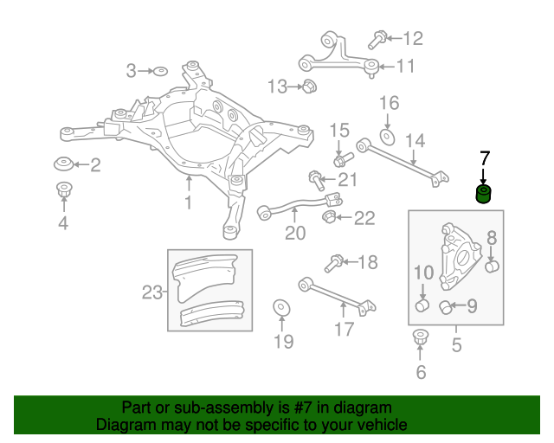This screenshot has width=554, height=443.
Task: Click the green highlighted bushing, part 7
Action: (484, 193)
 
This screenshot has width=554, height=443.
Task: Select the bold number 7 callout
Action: (484, 158)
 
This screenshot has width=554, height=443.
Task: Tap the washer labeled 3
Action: (160, 70)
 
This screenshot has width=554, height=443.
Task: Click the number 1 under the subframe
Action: (188, 203)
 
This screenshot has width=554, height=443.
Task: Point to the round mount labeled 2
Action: (63, 164)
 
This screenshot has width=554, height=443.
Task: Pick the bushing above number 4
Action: (63, 190)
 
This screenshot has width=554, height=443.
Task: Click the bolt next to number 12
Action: (377, 38)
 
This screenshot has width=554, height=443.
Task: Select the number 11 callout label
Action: (406, 65)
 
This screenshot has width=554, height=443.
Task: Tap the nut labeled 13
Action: (308, 86)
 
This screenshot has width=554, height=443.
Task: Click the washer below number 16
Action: (388, 136)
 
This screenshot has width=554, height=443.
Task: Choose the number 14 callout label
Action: (415, 140)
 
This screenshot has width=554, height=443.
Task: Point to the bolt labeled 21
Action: (316, 180)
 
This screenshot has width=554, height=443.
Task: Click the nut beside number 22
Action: (330, 215)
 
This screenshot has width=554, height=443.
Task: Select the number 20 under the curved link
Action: (295, 233)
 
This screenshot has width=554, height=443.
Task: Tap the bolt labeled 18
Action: (332, 263)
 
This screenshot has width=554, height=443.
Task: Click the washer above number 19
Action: (281, 309)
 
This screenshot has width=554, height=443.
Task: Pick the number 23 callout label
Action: (152, 292)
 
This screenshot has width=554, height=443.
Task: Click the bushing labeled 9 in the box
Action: (448, 305)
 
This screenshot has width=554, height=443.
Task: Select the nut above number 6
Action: (421, 337)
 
